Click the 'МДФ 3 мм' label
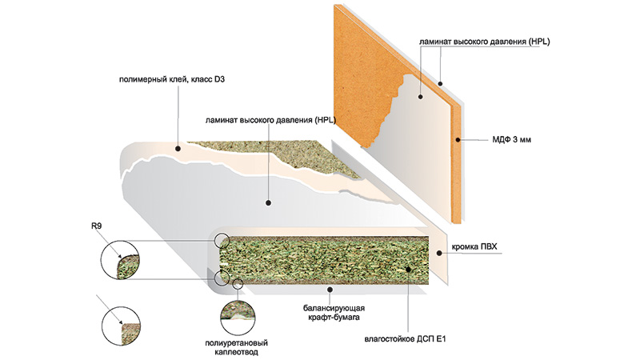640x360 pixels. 509,140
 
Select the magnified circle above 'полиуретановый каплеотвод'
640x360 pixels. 238,310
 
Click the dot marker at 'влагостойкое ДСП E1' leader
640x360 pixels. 411,271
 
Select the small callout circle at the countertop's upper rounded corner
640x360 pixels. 222,239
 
